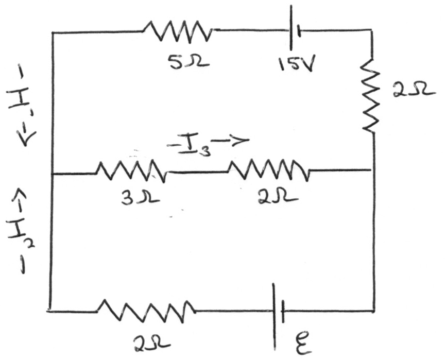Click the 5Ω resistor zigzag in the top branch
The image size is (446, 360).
177,31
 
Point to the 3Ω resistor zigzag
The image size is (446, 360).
131,171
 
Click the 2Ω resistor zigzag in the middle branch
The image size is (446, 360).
269,170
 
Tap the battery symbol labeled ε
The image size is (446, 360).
278,310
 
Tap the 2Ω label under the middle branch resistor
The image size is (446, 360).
271,198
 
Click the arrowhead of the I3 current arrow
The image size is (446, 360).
242,141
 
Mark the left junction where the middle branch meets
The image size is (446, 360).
53,174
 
